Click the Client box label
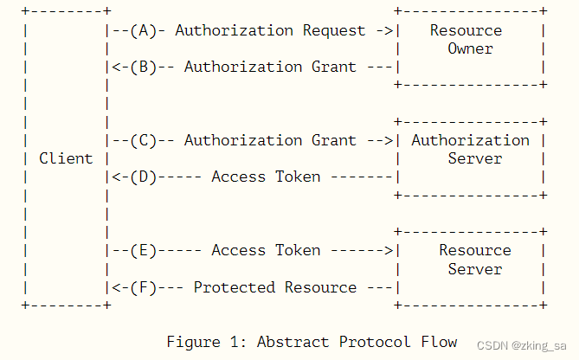pyautogui.click(x=66, y=158)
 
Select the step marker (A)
pyautogui.click(x=143, y=30)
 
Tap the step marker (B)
pyautogui.click(x=143, y=67)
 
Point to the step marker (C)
pyautogui.click(x=143, y=140)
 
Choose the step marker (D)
pyautogui.click(x=143, y=177)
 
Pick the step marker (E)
pyautogui.click(x=143, y=250)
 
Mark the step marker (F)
pyautogui.click(x=143, y=286)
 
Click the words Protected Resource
pyautogui.click(x=274, y=286)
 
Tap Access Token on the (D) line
pyautogui.click(x=266, y=177)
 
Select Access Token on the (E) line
pyautogui.click(x=266, y=250)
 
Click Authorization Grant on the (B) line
pyautogui.click(x=270, y=67)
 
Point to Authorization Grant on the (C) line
pyautogui.click(x=270, y=140)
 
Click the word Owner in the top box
pyautogui.click(x=471, y=48)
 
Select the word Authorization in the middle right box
pyautogui.click(x=471, y=140)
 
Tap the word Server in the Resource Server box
pyautogui.click(x=475, y=268)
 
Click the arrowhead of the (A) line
pyautogui.click(x=388, y=30)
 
